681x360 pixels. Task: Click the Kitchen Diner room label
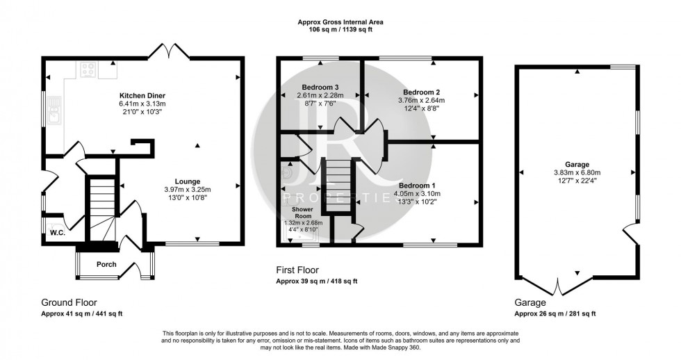[x=141, y=95]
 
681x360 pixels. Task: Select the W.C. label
[x=57, y=233]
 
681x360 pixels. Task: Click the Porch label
[x=106, y=264]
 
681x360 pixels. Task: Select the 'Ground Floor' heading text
[x=68, y=302]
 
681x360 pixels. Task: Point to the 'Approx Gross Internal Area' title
[x=340, y=22]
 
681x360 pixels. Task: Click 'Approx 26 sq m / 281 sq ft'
[x=555, y=314]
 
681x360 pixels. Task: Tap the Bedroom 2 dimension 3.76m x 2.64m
[x=420, y=100]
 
